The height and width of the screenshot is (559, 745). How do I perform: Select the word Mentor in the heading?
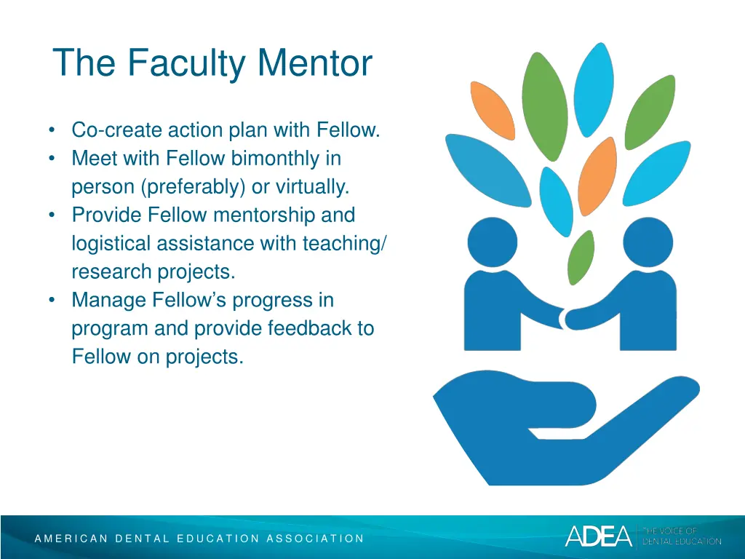point(314,63)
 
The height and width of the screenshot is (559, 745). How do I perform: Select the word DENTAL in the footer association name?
point(143,539)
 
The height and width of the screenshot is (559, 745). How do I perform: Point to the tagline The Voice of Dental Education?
point(680,536)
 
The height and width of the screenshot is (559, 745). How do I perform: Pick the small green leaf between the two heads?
point(580,258)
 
